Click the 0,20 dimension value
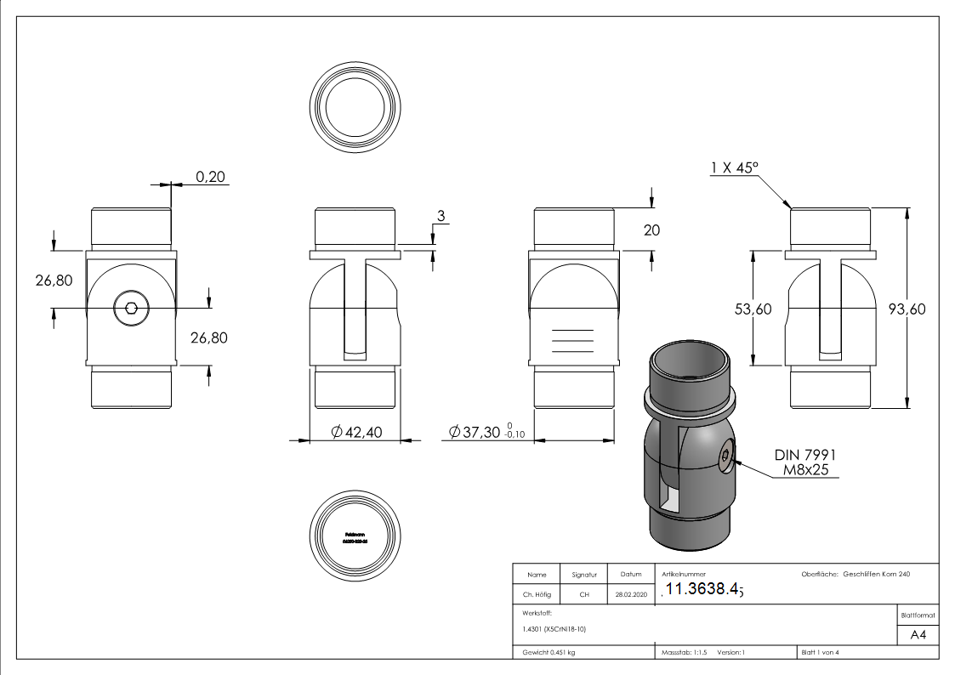211,177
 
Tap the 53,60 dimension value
753,309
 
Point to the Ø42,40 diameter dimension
356,433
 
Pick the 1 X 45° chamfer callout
735,169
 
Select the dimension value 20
652,230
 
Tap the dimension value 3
441,217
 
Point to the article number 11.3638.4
702,590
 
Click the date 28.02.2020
630,595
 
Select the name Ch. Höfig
537,595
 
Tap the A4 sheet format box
918,635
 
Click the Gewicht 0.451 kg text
549,652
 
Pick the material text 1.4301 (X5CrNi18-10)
554,629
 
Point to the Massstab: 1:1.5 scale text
684,652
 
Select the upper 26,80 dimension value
54,280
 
